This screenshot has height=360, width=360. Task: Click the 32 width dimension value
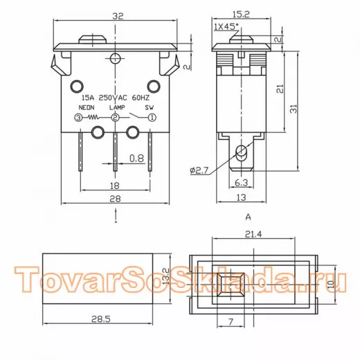point(118,16)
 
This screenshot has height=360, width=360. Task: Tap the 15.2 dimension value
point(241,15)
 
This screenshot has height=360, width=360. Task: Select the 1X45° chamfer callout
point(226,26)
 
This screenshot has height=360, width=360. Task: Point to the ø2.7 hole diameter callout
point(199,171)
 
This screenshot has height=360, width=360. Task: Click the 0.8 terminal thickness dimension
point(136,159)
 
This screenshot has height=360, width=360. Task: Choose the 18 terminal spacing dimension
point(115,186)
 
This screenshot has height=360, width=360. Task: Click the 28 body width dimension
point(115,199)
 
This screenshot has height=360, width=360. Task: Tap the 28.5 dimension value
point(101,319)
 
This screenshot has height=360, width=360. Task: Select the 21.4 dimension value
point(253,234)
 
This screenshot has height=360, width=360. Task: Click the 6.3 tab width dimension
point(241,183)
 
